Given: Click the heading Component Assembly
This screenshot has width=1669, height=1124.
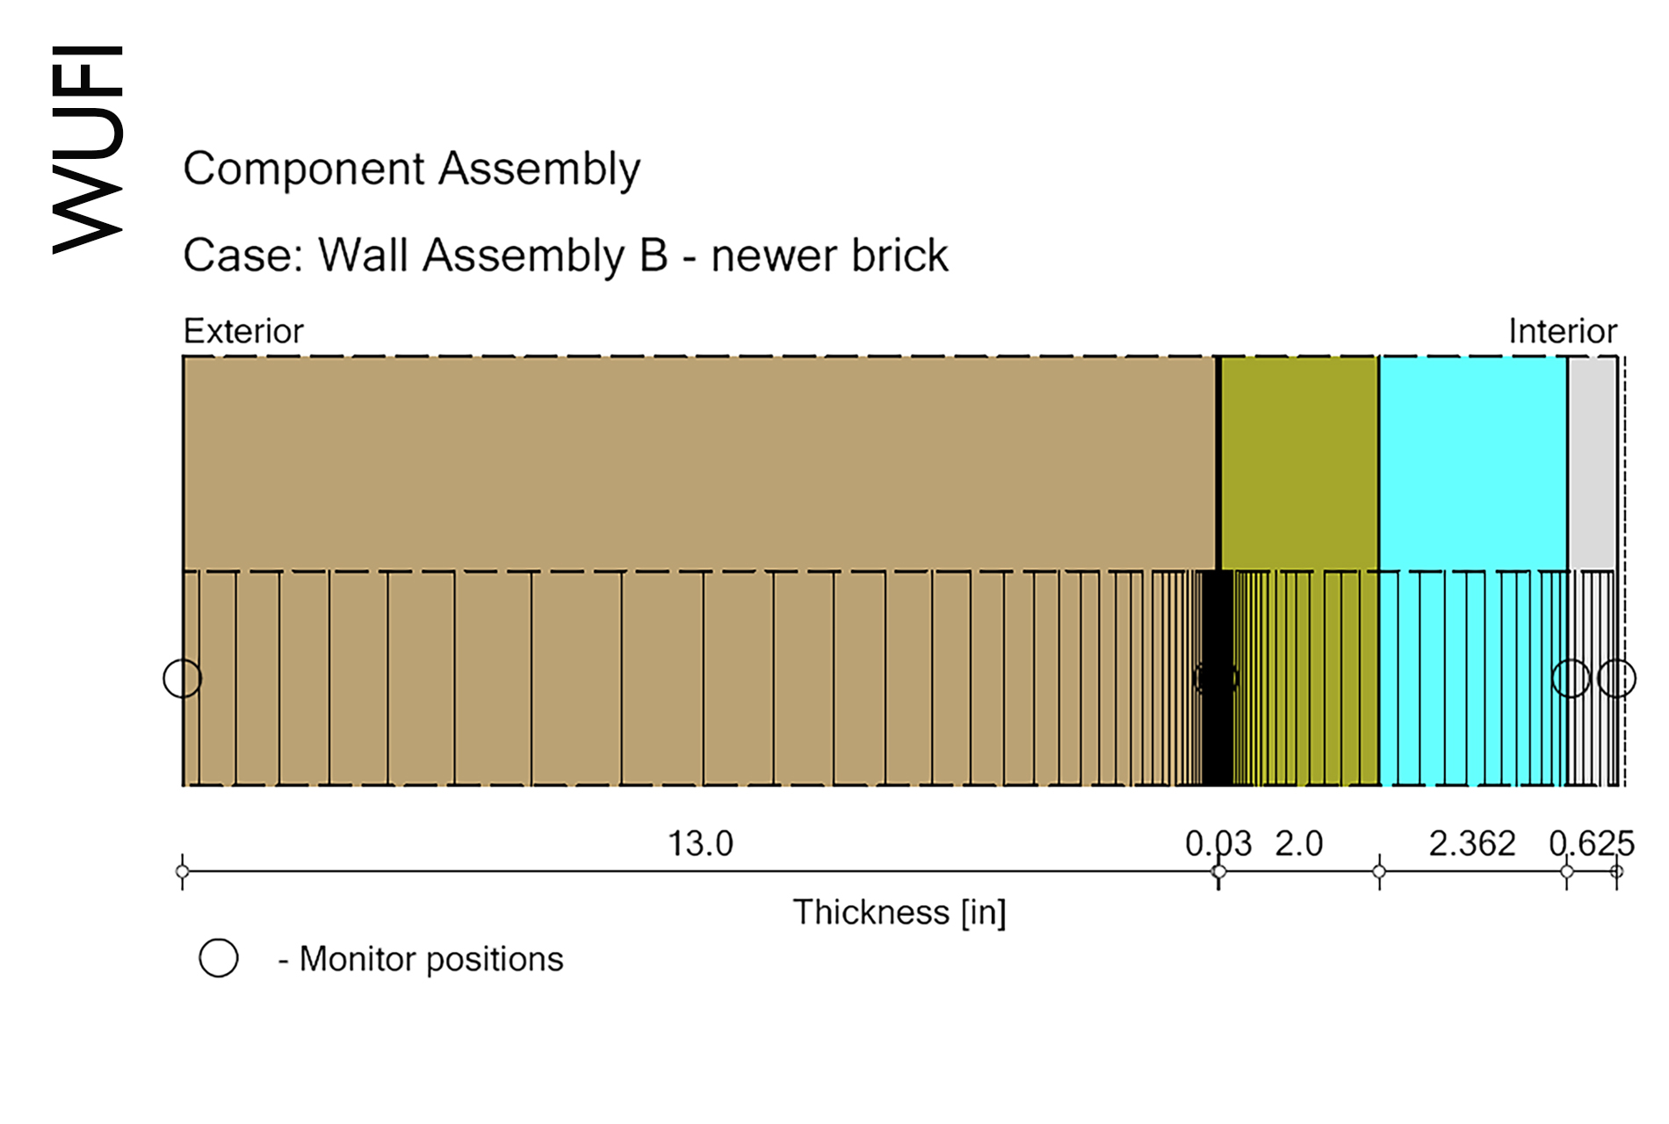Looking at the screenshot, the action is [412, 169].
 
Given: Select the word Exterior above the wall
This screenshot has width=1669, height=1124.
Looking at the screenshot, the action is [243, 331].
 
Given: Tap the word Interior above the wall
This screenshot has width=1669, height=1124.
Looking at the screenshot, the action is [1563, 331].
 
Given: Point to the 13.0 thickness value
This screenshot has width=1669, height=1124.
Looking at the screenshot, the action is [700, 844].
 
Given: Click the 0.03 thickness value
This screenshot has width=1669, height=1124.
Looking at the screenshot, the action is [1217, 844].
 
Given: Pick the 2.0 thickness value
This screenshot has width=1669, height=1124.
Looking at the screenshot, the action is [1299, 844].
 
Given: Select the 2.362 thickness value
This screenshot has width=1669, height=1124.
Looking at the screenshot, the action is [1472, 844].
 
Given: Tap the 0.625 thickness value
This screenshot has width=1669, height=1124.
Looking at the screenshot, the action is [1591, 844].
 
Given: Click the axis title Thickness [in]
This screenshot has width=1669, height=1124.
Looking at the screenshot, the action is [900, 913].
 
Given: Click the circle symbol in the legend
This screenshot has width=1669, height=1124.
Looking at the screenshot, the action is [219, 957].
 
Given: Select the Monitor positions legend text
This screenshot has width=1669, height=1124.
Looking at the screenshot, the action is [431, 959].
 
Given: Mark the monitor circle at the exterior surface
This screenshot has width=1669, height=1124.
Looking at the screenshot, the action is [183, 678].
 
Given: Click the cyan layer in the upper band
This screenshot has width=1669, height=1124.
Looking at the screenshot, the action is [1473, 463].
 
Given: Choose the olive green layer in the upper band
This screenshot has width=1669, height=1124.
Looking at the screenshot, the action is [1300, 463].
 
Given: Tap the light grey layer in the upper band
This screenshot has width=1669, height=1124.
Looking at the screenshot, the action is [1593, 463].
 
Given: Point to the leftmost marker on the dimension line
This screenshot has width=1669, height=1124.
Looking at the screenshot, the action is [183, 872].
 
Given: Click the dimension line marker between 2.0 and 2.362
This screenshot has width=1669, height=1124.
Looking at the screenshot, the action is [1379, 872].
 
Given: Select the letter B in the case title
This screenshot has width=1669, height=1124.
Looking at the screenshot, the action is [654, 256].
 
